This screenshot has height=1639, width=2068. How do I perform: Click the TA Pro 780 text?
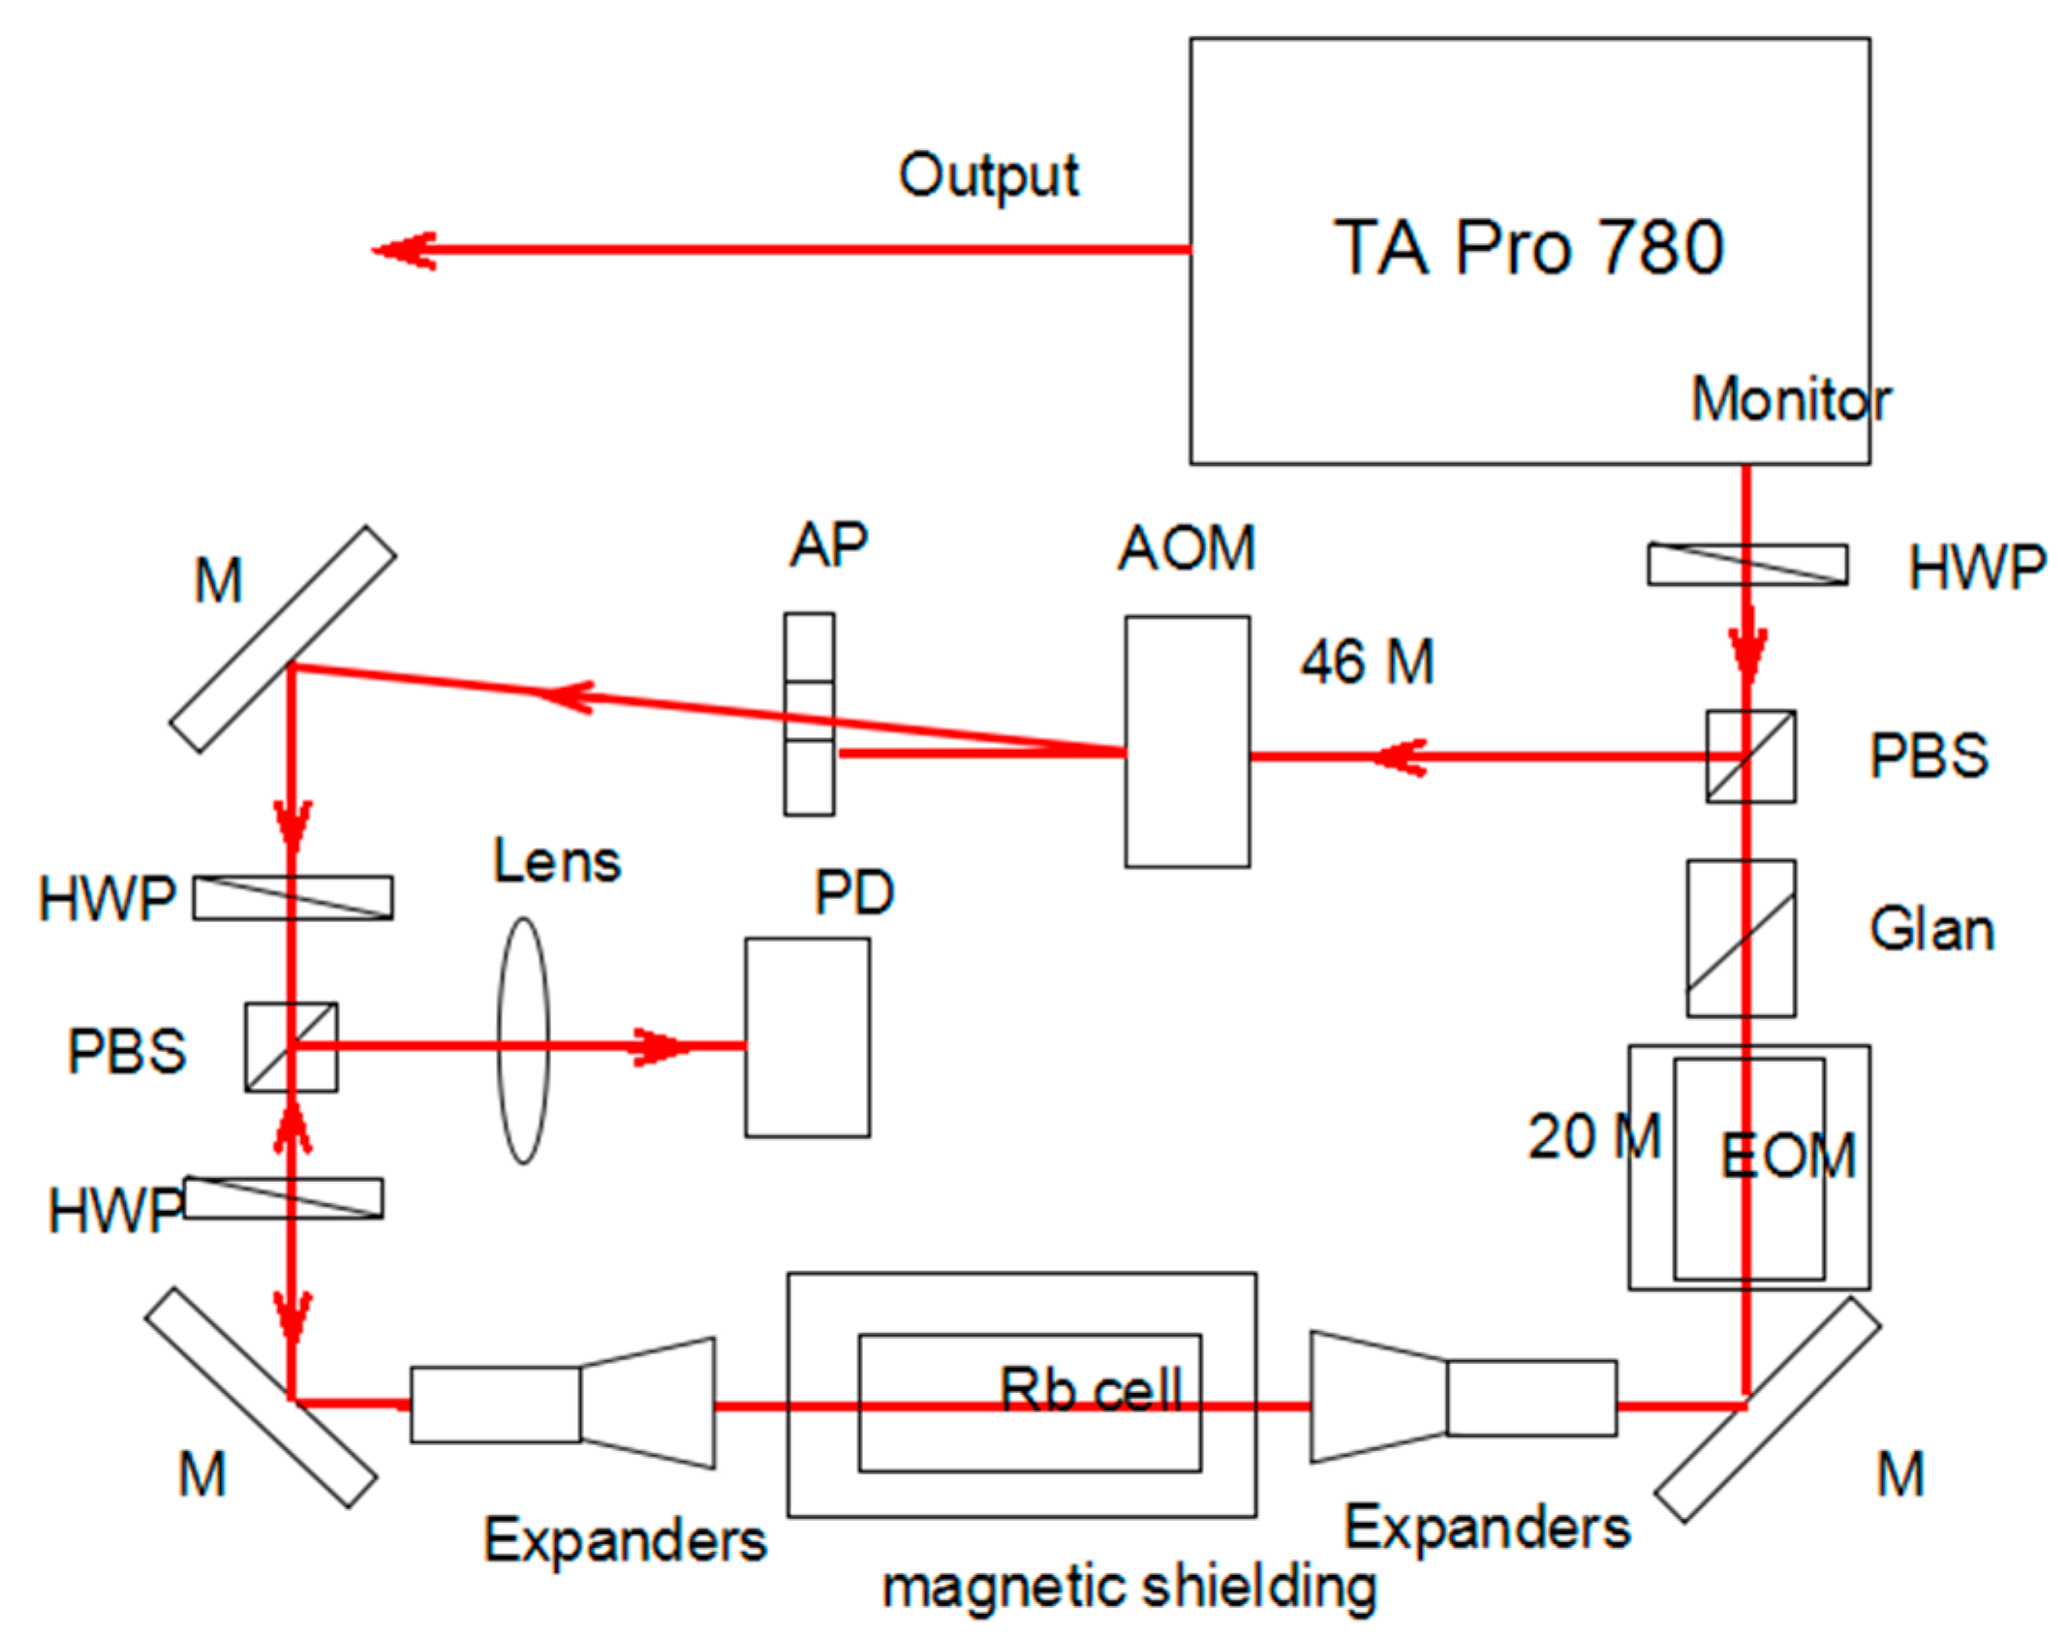pyautogui.click(x=1528, y=247)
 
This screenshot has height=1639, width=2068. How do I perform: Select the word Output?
pyautogui.click(x=988, y=176)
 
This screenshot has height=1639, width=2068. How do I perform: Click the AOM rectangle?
pyautogui.click(x=1187, y=741)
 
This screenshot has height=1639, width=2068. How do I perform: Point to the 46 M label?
pyautogui.click(x=1366, y=663)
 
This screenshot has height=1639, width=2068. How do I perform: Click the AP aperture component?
pyautogui.click(x=809, y=713)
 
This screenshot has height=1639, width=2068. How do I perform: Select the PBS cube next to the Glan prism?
pyautogui.click(x=1749, y=757)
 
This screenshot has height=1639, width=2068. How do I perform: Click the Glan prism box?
pyautogui.click(x=1741, y=938)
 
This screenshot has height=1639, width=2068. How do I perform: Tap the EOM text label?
pyautogui.click(x=1787, y=1156)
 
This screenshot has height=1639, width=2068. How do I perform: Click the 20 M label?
pyautogui.click(x=1593, y=1135)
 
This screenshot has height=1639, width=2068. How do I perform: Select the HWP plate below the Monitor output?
pyautogui.click(x=1746, y=565)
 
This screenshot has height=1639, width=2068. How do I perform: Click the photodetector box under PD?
pyautogui.click(x=807, y=1036)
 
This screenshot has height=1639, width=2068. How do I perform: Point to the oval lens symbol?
pyautogui.click(x=523, y=1039)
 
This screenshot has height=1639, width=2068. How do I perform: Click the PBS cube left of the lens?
pyautogui.click(x=291, y=1046)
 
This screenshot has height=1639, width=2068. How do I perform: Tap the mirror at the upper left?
pyautogui.click(x=283, y=639)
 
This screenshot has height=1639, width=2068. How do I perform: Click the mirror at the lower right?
pyautogui.click(x=1767, y=1409)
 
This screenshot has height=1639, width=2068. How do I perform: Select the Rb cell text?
pyautogui.click(x=1090, y=1389)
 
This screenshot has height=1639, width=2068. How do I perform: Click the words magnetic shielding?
pyautogui.click(x=1128, y=1587)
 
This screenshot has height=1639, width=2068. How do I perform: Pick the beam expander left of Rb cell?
pyautogui.click(x=562, y=1404)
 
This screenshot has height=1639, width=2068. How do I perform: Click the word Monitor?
pyautogui.click(x=1790, y=398)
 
